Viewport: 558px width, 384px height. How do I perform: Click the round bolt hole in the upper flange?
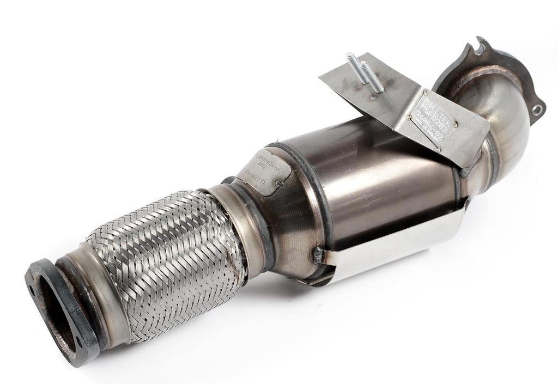(538, 110)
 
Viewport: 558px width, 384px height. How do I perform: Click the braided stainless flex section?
(163, 256)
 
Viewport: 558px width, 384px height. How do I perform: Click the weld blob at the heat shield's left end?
(318, 253)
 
